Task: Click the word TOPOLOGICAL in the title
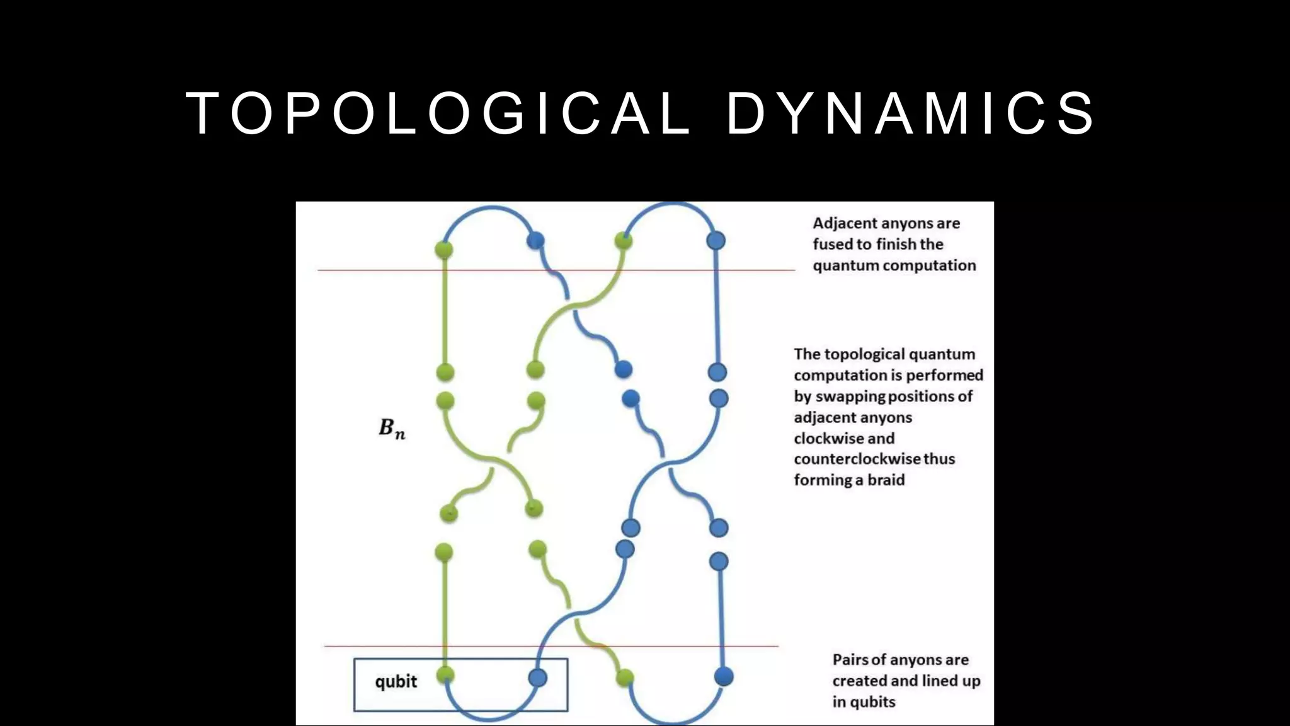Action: tap(438, 113)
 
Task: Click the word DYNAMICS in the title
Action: tap(911, 113)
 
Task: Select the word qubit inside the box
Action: tap(396, 681)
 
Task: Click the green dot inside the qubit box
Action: tap(445, 675)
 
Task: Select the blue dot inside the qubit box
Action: tap(537, 677)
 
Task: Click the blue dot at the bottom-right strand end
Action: tap(724, 677)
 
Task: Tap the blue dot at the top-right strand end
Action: tap(716, 240)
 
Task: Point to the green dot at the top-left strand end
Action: tap(444, 250)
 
